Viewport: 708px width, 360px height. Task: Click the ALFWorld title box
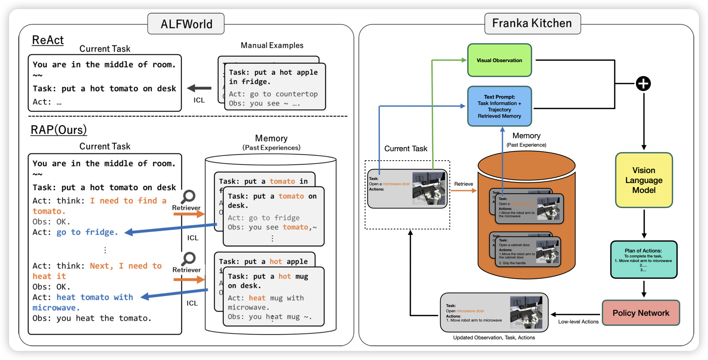tap(186, 24)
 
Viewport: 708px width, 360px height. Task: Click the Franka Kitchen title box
tap(532, 23)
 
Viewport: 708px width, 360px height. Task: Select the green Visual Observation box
tap(499, 60)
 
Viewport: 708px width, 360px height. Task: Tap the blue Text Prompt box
tap(499, 106)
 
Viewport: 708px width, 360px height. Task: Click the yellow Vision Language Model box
tap(644, 180)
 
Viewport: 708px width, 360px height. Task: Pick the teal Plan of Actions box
tap(643, 260)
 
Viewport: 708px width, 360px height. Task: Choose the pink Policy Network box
tap(641, 313)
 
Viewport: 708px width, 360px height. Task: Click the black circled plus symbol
tap(643, 84)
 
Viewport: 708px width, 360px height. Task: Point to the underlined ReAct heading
tap(48, 40)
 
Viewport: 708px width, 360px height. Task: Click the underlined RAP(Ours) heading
tap(58, 130)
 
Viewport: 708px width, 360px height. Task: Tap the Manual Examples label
tap(272, 45)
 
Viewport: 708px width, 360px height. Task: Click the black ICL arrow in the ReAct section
tap(199, 88)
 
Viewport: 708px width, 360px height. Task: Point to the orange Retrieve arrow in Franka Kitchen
tap(463, 191)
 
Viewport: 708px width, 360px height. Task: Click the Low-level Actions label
tap(578, 321)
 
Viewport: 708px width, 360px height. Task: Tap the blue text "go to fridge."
tap(87, 232)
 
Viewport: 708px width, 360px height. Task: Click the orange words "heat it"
tap(49, 276)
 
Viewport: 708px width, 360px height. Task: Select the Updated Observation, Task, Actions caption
tap(494, 338)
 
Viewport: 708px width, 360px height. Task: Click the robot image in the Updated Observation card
tap(526, 312)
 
